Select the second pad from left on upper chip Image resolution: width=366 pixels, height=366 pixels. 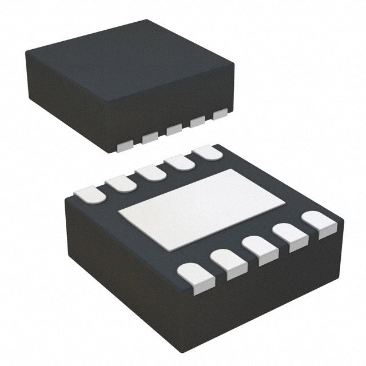pos(150,138)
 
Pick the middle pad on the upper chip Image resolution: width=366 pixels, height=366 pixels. pos(174,130)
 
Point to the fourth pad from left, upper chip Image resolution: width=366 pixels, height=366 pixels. pos(198,122)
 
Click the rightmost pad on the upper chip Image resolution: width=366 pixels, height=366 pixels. pos(220,114)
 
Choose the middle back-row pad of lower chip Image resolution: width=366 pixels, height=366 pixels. pos(151,172)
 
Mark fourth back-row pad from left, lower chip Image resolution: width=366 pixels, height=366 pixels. pos(181,162)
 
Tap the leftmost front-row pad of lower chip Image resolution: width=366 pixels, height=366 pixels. pos(196,277)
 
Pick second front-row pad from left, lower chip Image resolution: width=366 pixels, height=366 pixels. pos(229,264)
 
